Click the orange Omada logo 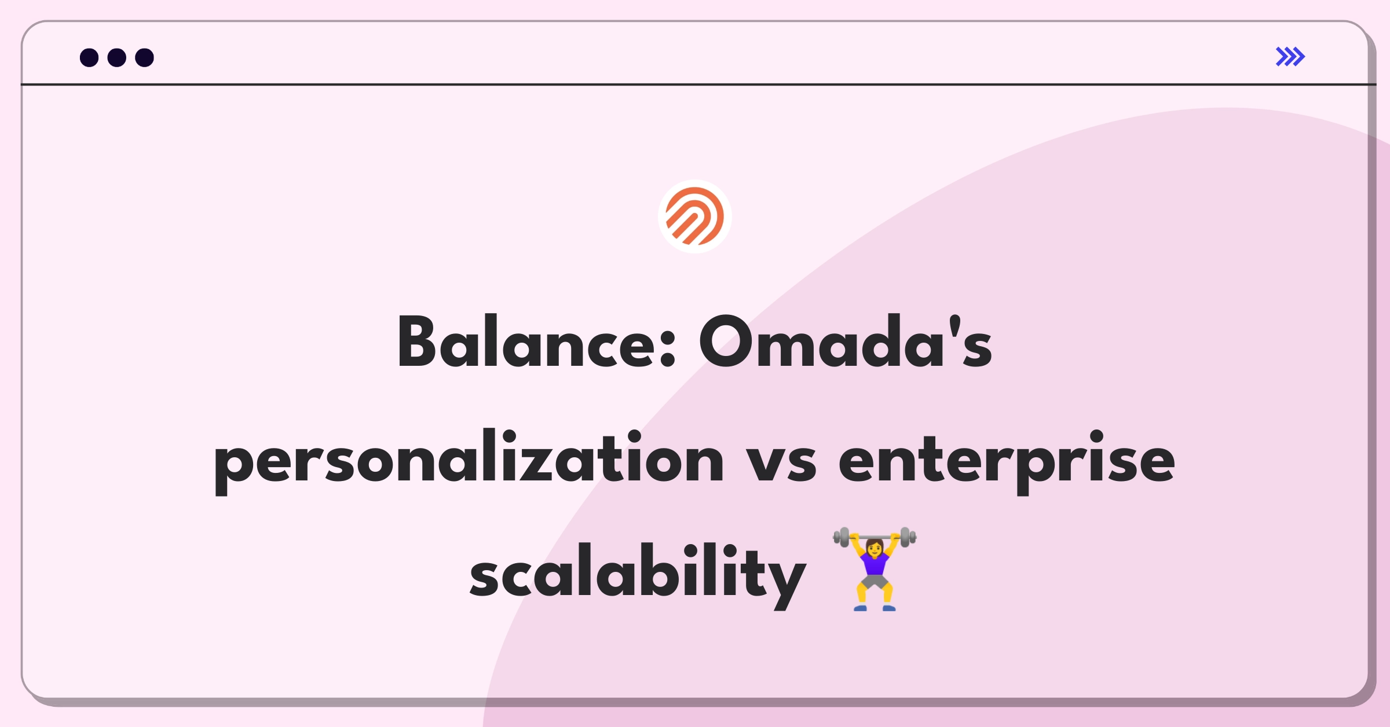695,216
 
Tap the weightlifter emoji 875,569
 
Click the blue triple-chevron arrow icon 1290,57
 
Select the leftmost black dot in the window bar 89,57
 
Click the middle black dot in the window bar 117,57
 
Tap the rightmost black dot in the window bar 144,57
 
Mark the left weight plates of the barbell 842,538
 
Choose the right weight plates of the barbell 908,538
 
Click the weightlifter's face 875,546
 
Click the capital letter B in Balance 416,342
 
